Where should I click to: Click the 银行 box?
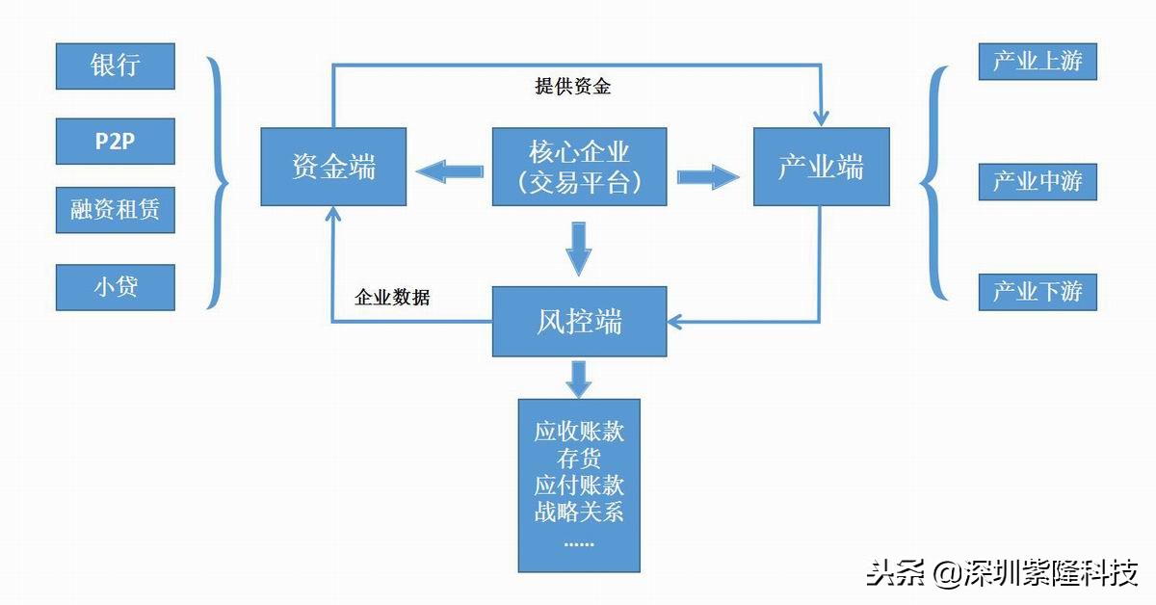116,66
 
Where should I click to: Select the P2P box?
116,142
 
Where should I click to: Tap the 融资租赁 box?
116,210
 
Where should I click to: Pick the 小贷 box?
116,286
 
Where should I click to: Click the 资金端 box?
333,167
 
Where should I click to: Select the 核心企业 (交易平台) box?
579,167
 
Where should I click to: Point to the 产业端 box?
821,167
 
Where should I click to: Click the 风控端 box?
579,321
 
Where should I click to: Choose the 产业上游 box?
1038,62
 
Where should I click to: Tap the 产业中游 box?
1038,181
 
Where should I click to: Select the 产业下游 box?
1038,292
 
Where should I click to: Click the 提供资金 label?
573,87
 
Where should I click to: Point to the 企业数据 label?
392,298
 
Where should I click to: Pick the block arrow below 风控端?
578,378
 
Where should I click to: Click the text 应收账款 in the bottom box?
579,431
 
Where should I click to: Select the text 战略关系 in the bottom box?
579,511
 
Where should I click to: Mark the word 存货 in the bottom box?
579,458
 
